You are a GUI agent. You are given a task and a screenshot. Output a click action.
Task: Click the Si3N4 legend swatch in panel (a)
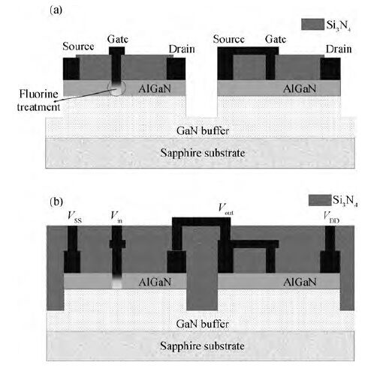coord(312,24)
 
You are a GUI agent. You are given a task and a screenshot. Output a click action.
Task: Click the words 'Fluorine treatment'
coord(38,100)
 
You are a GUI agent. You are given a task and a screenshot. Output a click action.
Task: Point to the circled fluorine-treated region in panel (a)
coord(116,88)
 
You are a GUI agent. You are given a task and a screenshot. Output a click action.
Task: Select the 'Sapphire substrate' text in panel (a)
coord(203,153)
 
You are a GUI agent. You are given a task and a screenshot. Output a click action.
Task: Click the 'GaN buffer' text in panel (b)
coord(202,324)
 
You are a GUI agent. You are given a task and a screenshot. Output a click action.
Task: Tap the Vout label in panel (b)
coord(225,209)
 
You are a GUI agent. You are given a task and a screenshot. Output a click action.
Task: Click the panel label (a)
coord(56,10)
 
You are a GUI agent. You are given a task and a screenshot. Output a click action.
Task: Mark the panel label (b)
coord(56,202)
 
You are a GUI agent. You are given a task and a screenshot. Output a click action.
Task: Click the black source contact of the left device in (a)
coord(71,69)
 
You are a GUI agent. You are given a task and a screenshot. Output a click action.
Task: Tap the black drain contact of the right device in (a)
coord(330,69)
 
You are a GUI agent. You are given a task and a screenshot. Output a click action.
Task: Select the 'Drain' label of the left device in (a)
coord(182,49)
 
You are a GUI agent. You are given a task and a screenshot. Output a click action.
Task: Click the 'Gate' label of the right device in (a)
coord(276,39)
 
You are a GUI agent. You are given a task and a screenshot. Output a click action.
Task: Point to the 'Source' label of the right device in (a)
coord(228,39)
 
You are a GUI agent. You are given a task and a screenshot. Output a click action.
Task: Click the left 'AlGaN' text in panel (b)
coord(155,282)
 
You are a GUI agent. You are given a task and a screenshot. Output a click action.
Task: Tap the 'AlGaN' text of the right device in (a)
coord(300,88)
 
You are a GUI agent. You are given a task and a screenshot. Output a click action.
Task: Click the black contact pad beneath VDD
coord(330,262)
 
